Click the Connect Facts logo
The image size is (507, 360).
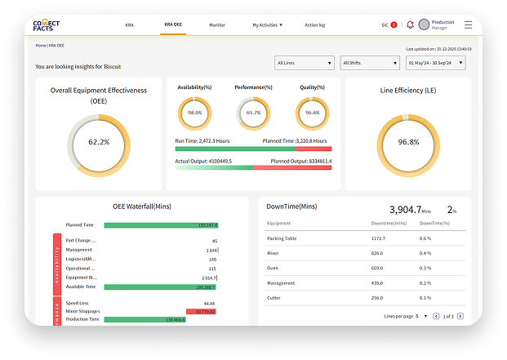pos(46,24)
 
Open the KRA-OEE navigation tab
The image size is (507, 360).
pos(172,25)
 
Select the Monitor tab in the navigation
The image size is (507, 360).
pos(217,25)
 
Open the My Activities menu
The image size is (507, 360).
pos(267,25)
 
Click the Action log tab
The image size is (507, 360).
pos(315,25)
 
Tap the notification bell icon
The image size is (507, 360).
pos(410,25)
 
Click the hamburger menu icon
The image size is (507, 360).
pos(468,25)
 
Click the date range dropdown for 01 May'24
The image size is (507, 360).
pos(436,63)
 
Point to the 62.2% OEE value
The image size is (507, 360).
pos(99,142)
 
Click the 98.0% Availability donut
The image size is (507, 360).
pos(194,113)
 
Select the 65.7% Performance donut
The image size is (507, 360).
pos(253,113)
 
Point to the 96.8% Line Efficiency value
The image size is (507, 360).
pos(408,142)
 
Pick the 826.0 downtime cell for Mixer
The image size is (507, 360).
pos(378,253)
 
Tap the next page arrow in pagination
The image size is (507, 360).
pos(460,316)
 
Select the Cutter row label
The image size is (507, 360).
pos(274,297)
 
